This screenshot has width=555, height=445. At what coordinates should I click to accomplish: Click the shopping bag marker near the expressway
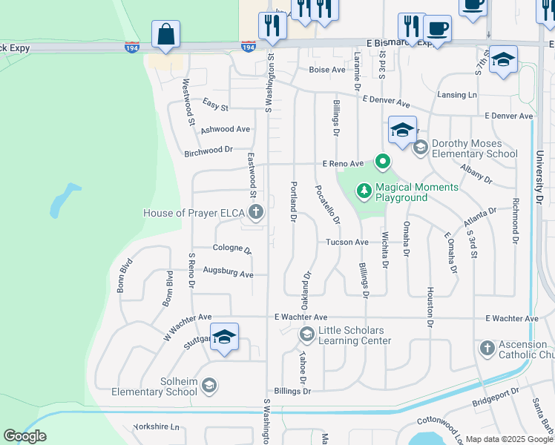click(x=165, y=35)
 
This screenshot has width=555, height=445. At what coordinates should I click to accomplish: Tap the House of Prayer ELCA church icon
click(x=255, y=214)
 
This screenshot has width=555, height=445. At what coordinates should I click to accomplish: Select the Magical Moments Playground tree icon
click(x=364, y=191)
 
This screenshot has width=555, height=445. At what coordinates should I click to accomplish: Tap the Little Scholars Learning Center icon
click(x=306, y=335)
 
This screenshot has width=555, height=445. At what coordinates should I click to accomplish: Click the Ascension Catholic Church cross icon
click(x=487, y=348)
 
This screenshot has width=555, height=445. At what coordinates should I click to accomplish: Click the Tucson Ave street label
click(x=347, y=242)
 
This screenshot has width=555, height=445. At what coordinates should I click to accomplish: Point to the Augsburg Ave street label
click(x=228, y=274)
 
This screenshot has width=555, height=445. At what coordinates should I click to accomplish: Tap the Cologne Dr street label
click(x=232, y=249)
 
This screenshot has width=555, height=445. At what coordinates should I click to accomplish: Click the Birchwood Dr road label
click(x=208, y=151)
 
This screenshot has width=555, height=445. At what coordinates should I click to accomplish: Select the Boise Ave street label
click(x=327, y=70)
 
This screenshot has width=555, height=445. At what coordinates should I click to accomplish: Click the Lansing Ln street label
click(x=456, y=95)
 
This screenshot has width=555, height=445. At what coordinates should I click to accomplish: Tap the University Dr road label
click(x=539, y=178)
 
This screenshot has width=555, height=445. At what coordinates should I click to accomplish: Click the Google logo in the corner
click(x=24, y=436)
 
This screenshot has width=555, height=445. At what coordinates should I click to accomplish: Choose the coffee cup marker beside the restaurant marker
click(x=437, y=30)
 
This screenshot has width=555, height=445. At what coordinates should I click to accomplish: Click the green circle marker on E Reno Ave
click(x=383, y=160)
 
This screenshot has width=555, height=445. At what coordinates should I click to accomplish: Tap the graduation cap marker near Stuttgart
click(x=224, y=338)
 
